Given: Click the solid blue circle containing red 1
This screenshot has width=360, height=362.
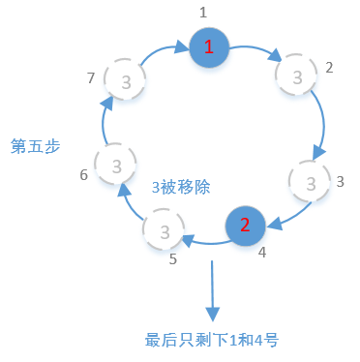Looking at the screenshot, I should pyautogui.click(x=210, y=47).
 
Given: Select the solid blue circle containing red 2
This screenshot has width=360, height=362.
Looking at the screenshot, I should pyautogui.click(x=245, y=226).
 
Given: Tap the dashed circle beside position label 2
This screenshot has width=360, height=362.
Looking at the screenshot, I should pyautogui.click(x=295, y=75).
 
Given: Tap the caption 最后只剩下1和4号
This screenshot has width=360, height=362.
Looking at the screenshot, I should pyautogui.click(x=212, y=340).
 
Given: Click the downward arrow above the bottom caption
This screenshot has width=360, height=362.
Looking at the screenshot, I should pyautogui.click(x=212, y=290).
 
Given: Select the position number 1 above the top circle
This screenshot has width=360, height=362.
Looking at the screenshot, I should pyautogui.click(x=203, y=12).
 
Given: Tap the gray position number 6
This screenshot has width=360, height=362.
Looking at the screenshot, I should pyautogui.click(x=83, y=175).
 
